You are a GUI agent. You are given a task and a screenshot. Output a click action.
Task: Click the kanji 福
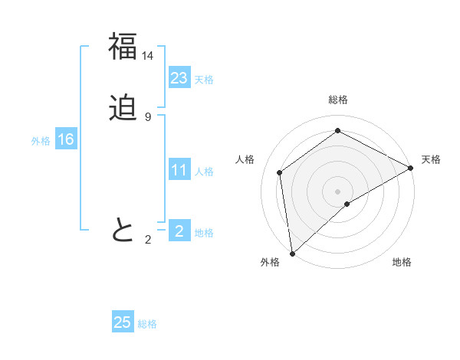(x=123, y=47)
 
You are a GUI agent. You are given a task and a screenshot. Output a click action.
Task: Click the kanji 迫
(x=123, y=108)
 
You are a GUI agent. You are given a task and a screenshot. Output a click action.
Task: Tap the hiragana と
(x=123, y=230)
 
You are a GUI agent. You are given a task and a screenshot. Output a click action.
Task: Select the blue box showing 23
(x=179, y=78)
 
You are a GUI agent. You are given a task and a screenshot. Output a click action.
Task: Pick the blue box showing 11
(x=179, y=170)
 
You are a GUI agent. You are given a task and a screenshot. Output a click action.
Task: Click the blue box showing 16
(x=65, y=139)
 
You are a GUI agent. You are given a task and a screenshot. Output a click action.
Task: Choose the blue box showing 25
(x=123, y=322)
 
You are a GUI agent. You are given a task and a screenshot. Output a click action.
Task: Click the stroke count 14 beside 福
(x=148, y=56)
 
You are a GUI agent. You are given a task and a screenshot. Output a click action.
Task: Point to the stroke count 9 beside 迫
(x=148, y=117)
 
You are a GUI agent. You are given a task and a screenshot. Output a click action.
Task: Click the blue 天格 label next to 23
(x=204, y=80)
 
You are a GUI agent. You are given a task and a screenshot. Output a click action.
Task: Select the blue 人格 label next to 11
(x=204, y=172)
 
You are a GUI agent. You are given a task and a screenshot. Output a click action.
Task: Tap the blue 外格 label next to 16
(x=41, y=141)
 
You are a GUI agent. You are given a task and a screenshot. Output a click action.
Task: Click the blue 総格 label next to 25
(x=147, y=324)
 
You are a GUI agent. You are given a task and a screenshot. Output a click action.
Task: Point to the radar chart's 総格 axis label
(x=338, y=100)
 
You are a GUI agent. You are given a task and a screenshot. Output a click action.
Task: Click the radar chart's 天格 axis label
(x=431, y=159)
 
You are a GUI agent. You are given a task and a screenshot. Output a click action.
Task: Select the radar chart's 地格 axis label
(x=402, y=262)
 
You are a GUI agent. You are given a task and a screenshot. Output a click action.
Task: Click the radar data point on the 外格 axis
(x=292, y=253)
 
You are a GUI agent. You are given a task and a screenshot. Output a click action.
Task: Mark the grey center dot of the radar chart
(x=337, y=191)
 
